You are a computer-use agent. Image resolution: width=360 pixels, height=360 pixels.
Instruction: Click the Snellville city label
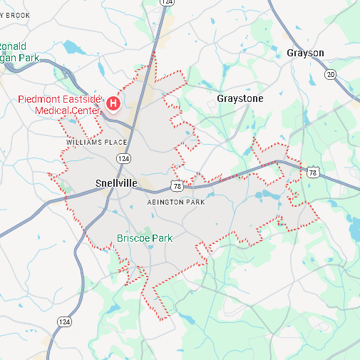click(115, 183)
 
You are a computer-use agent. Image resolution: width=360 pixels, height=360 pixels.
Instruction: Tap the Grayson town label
click(305, 53)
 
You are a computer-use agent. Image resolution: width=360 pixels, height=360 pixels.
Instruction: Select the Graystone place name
click(240, 98)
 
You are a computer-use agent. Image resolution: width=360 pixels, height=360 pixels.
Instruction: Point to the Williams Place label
click(96, 143)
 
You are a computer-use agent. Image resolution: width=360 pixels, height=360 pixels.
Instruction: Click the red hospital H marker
click(113, 104)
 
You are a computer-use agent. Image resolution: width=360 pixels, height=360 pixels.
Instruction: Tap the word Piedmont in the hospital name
click(40, 99)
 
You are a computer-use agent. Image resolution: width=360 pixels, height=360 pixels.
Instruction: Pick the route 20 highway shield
click(329, 74)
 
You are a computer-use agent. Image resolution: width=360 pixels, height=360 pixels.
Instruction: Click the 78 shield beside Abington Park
click(177, 186)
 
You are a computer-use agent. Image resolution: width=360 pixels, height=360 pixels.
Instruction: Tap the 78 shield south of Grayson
click(313, 172)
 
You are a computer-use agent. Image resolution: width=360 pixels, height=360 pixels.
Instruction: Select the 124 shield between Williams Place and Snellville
click(124, 158)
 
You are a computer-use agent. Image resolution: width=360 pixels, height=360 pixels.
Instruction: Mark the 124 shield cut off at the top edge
click(167, 3)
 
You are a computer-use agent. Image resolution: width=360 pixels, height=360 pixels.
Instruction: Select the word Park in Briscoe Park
click(161, 238)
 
